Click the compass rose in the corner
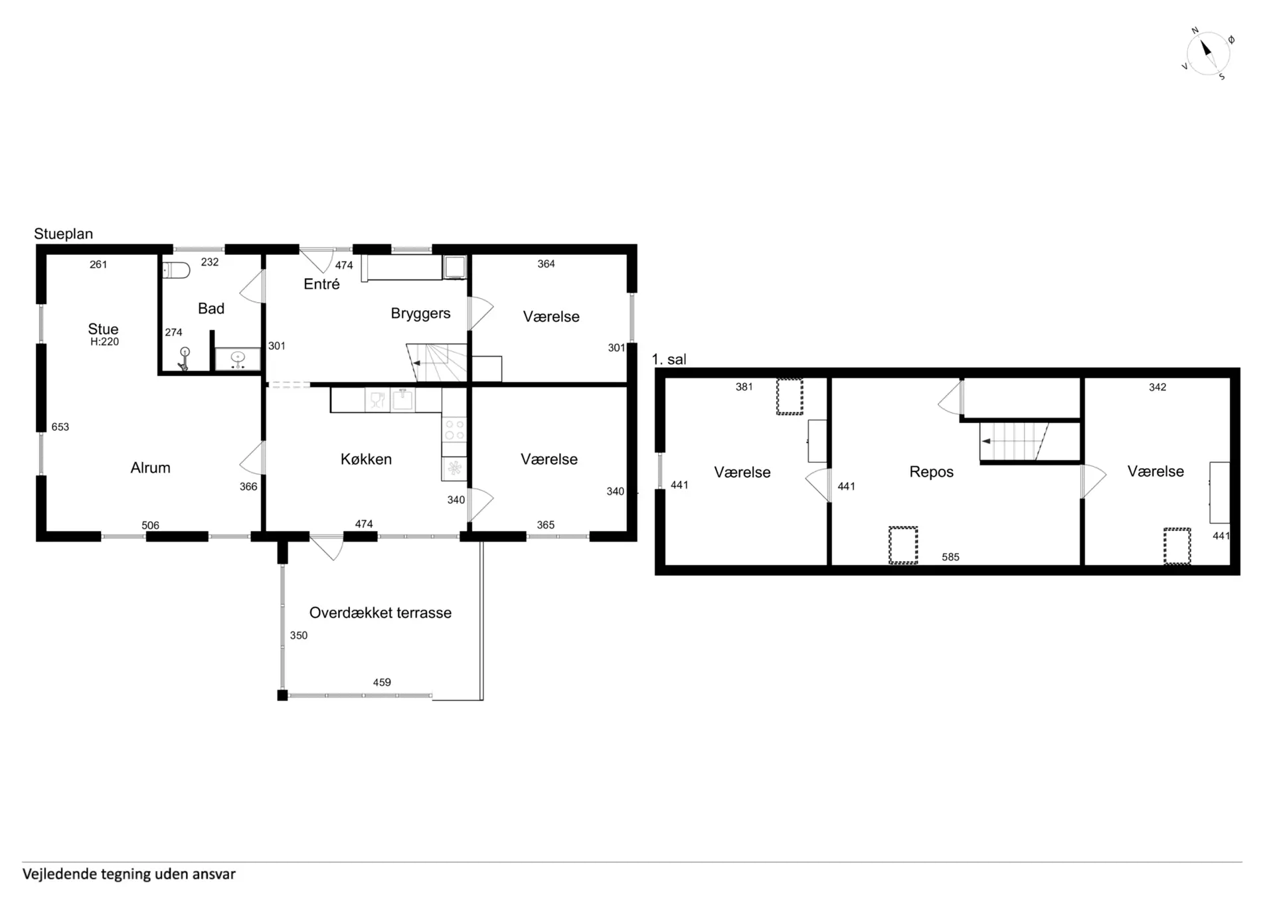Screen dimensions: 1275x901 (1208, 54)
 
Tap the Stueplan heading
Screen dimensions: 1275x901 (64, 234)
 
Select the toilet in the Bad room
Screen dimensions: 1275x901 (177, 270)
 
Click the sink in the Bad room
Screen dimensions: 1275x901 (238, 359)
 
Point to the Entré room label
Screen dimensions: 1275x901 (321, 284)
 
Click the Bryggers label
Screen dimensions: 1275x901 (420, 313)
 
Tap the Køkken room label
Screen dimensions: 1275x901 (366, 459)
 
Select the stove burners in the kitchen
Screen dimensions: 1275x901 (454, 429)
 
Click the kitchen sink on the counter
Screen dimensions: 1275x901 (402, 399)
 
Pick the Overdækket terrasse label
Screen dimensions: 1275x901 (381, 613)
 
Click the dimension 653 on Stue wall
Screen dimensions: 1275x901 (60, 427)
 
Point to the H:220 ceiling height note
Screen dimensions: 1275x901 (105, 342)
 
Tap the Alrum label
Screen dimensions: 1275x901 (151, 467)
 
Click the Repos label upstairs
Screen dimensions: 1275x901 (932, 472)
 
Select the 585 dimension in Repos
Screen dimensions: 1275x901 (950, 557)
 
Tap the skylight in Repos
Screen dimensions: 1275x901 (903, 545)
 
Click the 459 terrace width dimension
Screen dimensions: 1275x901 (382, 682)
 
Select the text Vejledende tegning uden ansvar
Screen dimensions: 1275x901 (129, 874)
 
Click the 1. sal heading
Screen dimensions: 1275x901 (669, 359)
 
